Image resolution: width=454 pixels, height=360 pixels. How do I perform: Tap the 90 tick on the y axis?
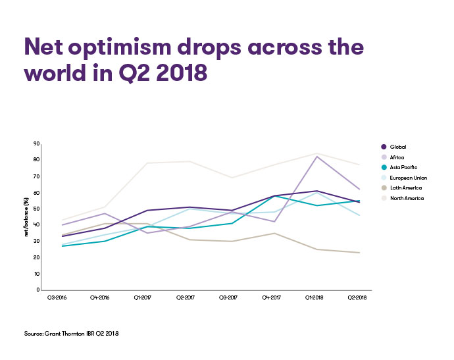37,143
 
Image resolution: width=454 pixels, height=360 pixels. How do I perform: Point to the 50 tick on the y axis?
37,209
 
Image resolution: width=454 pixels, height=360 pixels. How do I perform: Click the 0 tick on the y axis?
38,290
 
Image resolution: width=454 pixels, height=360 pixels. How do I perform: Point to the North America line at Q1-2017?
145,163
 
